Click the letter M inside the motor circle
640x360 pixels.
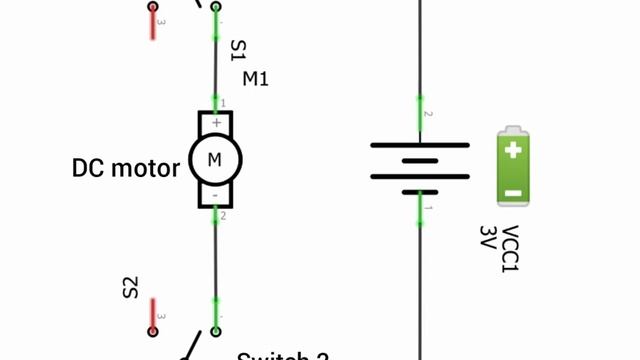[x=215, y=159]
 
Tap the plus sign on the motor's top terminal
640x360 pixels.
[x=216, y=123]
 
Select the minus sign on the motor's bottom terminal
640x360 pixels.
[x=216, y=195]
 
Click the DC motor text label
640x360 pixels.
[x=126, y=167]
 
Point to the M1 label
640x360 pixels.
[x=255, y=78]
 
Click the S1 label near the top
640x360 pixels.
[x=237, y=50]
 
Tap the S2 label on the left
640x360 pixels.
[x=130, y=288]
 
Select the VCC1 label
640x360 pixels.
[x=510, y=249]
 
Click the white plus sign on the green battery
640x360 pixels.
[x=513, y=152]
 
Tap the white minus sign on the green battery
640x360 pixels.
[x=513, y=192]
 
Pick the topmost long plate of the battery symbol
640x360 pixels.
[x=420, y=145]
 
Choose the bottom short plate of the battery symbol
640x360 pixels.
[x=420, y=191]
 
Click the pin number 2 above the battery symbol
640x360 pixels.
[x=429, y=114]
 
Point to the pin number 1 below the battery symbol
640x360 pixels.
[x=429, y=209]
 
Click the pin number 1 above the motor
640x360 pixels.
[x=223, y=103]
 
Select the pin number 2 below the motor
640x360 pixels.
[x=223, y=216]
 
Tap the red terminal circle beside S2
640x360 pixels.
[x=154, y=331]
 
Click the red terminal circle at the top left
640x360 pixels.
[x=153, y=6]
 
